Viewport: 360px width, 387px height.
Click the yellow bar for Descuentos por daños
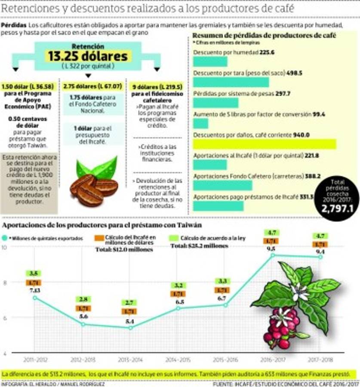click(264, 144)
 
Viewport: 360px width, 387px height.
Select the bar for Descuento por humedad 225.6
click(210, 61)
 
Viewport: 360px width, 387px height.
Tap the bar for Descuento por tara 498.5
click(231, 82)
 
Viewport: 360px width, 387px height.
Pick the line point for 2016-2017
click(272, 255)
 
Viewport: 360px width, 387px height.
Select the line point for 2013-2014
click(130, 328)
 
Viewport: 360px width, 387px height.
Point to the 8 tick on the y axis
click(5, 283)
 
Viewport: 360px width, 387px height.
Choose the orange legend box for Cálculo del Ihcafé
click(98, 237)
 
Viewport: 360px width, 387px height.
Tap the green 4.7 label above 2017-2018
click(320, 236)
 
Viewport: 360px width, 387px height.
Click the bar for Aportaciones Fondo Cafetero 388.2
click(222, 185)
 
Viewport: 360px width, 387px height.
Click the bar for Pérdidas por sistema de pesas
click(215, 103)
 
